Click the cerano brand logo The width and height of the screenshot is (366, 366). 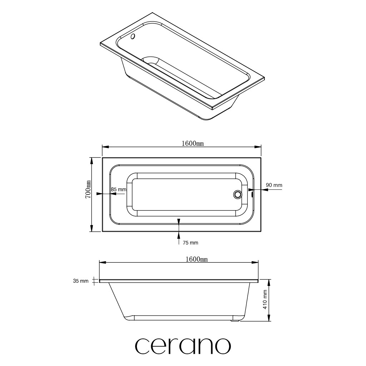pyautogui.click(x=183, y=346)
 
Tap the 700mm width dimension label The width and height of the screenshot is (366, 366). pyautogui.click(x=88, y=189)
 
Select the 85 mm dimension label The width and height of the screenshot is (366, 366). pyautogui.click(x=119, y=189)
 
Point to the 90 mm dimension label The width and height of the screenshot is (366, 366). pyautogui.click(x=274, y=185)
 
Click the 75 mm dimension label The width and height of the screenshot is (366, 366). pyautogui.click(x=191, y=243)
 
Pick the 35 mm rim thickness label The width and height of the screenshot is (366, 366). pyautogui.click(x=81, y=281)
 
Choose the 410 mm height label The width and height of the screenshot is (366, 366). pyautogui.click(x=265, y=300)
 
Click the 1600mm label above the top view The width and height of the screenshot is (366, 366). pyautogui.click(x=193, y=144)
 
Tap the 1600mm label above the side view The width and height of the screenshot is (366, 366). pyautogui.click(x=197, y=259)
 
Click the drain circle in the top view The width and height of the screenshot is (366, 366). pyautogui.click(x=238, y=194)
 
